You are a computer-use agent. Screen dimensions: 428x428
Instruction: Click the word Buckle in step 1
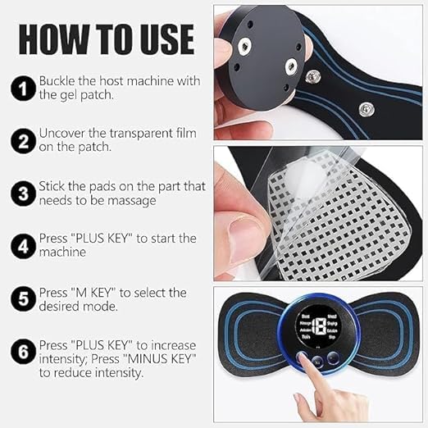click(x=58, y=81)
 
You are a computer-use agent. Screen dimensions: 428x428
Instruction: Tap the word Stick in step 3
click(x=53, y=187)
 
